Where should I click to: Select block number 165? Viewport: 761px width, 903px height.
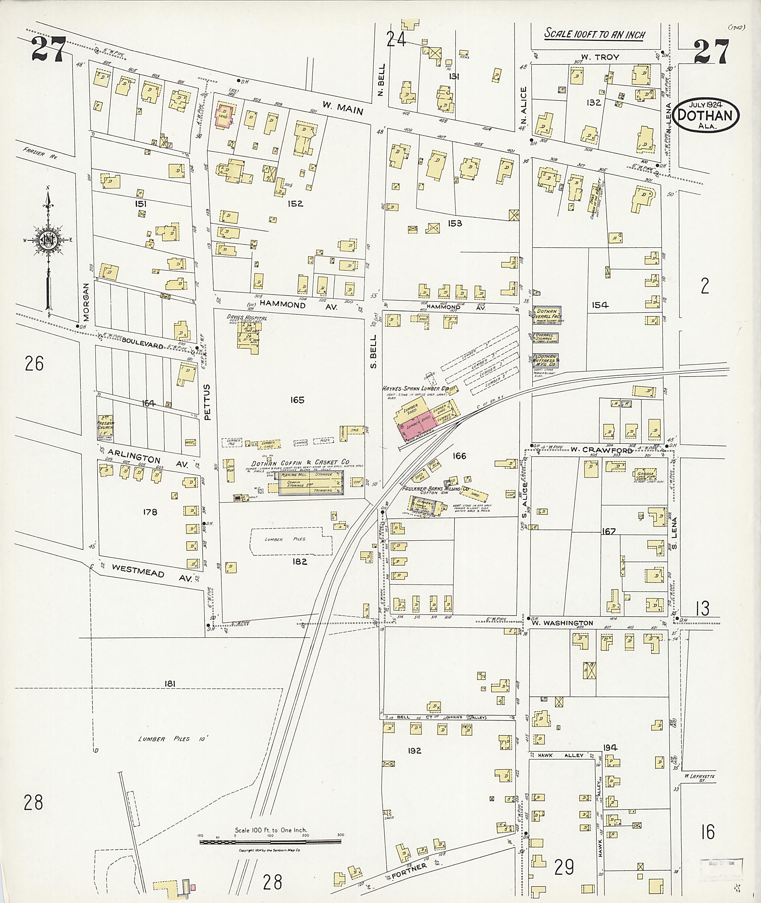click(297, 400)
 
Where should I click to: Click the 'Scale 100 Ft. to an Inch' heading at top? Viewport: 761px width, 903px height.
click(594, 34)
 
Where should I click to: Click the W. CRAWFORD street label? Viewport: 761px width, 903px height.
click(601, 450)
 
